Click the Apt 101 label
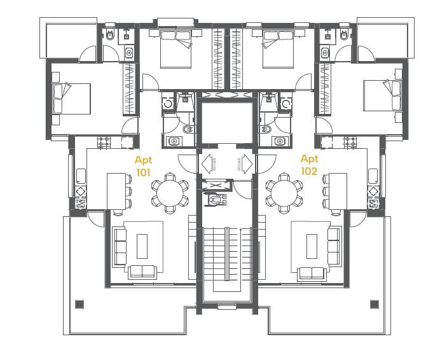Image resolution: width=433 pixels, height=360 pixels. (x=144, y=165)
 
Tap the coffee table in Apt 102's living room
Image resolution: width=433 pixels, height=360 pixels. (x=311, y=244)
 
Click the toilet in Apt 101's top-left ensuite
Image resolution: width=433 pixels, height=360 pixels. (x=109, y=36)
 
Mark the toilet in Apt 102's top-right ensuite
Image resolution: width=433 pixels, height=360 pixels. (x=344, y=36)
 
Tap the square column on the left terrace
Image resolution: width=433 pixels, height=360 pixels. (x=79, y=304)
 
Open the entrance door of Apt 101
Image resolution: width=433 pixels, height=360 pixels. (x=189, y=164)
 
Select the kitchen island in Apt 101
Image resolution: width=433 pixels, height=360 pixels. (x=116, y=191)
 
